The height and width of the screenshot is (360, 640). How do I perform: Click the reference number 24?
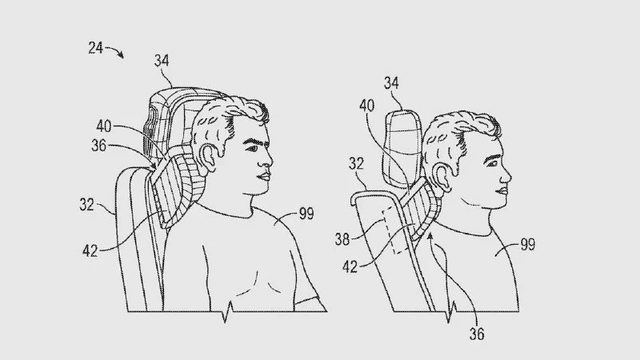(x=95, y=48)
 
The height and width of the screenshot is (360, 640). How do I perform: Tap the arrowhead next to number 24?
(x=121, y=55)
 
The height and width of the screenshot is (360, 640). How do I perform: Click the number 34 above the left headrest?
(x=162, y=61)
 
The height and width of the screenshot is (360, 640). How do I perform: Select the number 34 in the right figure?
(x=391, y=83)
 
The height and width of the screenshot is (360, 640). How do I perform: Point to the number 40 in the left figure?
(x=104, y=126)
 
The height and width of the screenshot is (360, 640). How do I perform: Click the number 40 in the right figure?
(x=366, y=106)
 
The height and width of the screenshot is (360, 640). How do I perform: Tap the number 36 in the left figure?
(x=98, y=146)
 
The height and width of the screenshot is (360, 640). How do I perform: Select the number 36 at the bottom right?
(x=476, y=334)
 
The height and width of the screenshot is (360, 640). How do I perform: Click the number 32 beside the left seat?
(x=87, y=205)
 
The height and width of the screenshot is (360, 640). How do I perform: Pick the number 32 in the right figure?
(x=356, y=164)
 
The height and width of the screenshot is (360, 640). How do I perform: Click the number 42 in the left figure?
(x=90, y=251)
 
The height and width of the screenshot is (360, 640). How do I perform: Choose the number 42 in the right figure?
(x=350, y=267)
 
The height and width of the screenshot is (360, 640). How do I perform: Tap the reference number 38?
(x=342, y=239)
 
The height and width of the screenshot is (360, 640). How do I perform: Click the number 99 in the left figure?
(x=306, y=214)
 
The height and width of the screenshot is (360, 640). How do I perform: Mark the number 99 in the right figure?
(x=528, y=245)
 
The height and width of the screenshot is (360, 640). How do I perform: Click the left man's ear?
(x=207, y=157)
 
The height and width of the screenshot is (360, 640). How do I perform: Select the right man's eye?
(x=491, y=163)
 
